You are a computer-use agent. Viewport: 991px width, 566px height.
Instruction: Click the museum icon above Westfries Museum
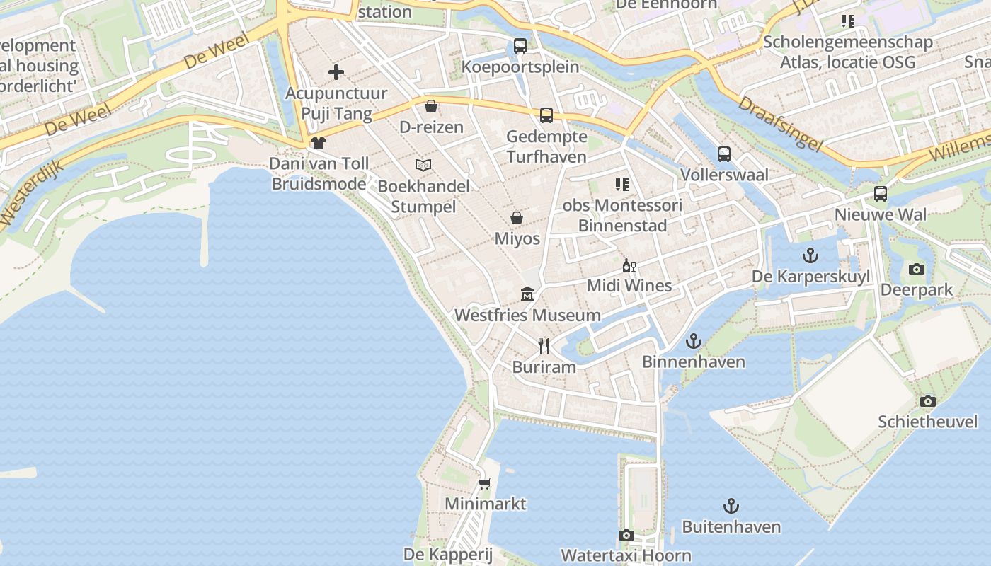click(527, 294)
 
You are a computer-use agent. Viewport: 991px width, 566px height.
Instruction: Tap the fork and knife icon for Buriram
click(544, 346)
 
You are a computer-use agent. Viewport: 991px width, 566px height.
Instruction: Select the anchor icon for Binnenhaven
click(694, 341)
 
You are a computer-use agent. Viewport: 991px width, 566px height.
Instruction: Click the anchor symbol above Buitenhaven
click(731, 506)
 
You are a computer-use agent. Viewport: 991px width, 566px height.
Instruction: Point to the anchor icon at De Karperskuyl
click(810, 255)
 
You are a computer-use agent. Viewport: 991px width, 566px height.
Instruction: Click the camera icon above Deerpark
click(917, 269)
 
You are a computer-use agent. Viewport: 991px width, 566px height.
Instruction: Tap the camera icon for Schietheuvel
click(927, 401)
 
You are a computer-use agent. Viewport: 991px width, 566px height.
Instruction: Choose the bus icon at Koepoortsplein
click(520, 46)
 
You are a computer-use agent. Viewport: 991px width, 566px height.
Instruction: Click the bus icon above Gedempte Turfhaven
click(546, 115)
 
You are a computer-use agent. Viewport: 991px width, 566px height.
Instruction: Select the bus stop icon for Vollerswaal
click(724, 154)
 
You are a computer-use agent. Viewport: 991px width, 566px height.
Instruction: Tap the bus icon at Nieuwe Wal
click(881, 193)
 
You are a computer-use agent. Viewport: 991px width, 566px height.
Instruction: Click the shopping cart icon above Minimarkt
click(485, 483)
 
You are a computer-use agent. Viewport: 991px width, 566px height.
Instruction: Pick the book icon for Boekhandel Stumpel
click(423, 165)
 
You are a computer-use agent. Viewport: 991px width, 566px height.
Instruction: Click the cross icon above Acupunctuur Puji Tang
click(336, 71)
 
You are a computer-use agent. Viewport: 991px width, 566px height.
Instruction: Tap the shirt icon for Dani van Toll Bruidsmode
click(319, 143)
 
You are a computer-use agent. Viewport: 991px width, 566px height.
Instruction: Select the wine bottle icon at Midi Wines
click(629, 265)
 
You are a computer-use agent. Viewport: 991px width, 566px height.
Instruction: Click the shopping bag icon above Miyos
click(517, 218)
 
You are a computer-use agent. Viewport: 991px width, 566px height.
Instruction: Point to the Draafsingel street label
click(781, 123)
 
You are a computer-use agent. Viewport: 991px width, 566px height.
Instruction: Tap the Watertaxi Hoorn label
click(626, 555)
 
